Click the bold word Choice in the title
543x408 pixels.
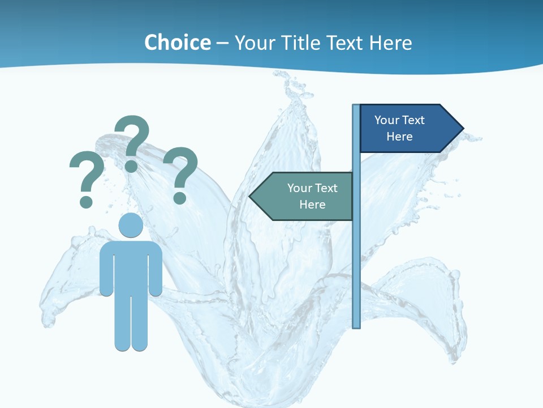(x=177, y=42)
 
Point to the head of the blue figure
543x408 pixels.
(x=131, y=226)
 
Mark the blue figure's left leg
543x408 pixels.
(x=123, y=323)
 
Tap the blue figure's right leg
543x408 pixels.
(x=139, y=323)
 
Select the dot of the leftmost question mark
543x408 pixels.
(x=86, y=201)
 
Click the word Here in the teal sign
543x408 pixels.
(x=312, y=205)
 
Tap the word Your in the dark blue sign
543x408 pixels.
(x=387, y=120)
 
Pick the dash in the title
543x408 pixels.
(x=222, y=44)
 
